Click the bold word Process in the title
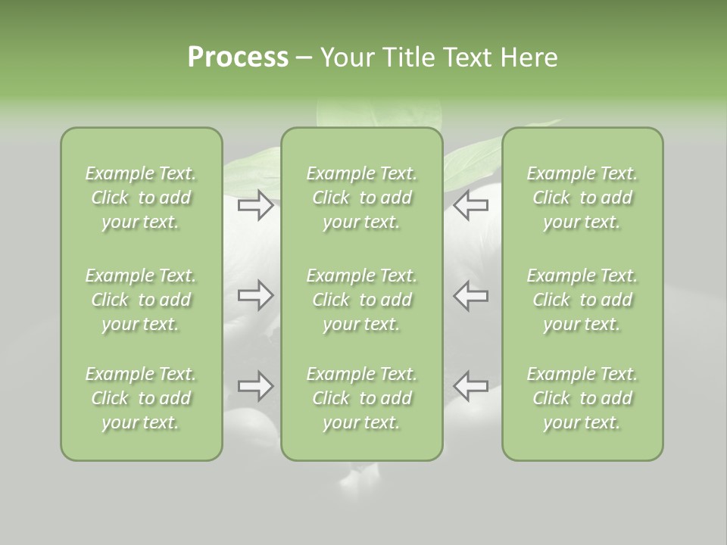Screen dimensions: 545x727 click(x=238, y=58)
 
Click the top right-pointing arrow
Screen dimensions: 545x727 click(x=256, y=205)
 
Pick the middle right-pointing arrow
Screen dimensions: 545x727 click(x=256, y=294)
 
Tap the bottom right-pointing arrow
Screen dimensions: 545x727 click(x=256, y=386)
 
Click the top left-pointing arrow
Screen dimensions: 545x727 click(x=471, y=205)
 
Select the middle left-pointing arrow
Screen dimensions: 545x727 click(x=471, y=294)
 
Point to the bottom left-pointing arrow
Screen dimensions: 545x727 click(x=471, y=386)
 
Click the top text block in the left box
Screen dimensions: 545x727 click(x=141, y=198)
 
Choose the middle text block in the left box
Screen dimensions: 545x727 click(x=141, y=300)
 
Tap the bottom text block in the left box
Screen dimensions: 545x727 click(x=141, y=398)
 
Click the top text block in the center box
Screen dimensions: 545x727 click(x=362, y=198)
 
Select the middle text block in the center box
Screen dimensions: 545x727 click(x=362, y=300)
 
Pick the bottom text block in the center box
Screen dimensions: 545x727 click(x=362, y=398)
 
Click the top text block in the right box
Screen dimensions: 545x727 click(x=582, y=198)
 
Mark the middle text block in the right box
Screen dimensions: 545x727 click(x=582, y=300)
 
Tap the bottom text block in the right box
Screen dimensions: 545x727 click(x=582, y=398)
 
